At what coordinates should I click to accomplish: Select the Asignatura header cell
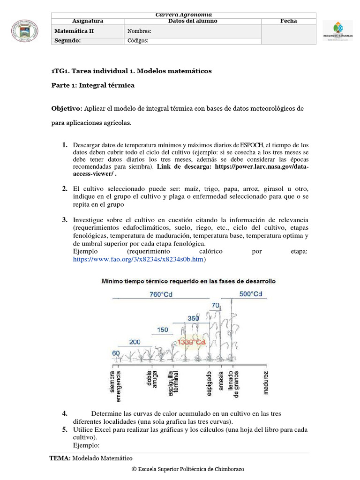click(x=88, y=21)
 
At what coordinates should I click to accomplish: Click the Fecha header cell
click(x=288, y=21)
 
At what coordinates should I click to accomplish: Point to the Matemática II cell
click(x=74, y=31)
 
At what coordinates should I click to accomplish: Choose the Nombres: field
click(x=140, y=31)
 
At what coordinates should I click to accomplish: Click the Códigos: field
click(x=138, y=40)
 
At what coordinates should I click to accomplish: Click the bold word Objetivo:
click(x=67, y=109)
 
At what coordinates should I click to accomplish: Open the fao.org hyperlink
click(x=139, y=259)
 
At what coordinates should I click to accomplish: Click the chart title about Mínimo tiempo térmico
click(x=189, y=281)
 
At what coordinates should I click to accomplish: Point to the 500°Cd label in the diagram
click(x=250, y=294)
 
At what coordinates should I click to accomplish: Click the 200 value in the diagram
click(x=135, y=342)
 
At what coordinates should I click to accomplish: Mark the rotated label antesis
click(x=221, y=381)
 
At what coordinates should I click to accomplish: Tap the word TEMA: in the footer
click(x=60, y=458)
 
